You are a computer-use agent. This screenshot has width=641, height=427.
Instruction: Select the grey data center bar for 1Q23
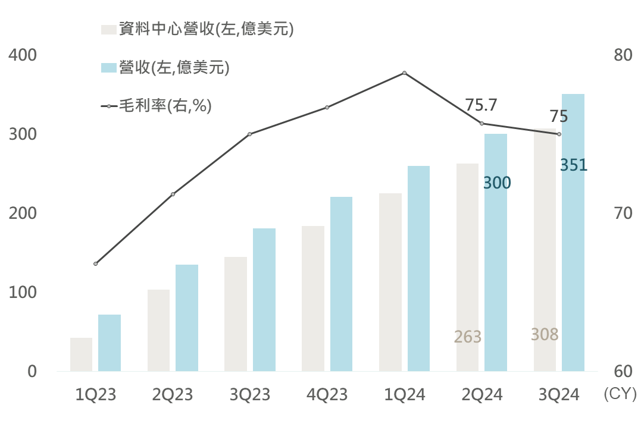(x=81, y=354)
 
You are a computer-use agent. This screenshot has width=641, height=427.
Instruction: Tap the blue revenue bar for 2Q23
(x=187, y=318)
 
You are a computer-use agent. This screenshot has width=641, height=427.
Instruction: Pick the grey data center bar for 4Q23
(x=313, y=299)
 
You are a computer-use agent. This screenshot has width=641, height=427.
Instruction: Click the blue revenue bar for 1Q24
(x=418, y=269)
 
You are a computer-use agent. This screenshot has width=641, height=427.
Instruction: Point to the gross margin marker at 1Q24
(x=404, y=73)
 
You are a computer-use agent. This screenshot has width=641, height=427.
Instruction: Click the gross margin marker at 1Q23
(x=96, y=263)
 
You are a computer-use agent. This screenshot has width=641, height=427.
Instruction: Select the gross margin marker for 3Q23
(x=250, y=134)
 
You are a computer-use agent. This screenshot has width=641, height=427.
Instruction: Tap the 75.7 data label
(x=481, y=105)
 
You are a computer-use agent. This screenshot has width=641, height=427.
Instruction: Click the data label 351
(x=574, y=165)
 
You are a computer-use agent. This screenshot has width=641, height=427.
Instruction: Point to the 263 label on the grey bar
(x=467, y=337)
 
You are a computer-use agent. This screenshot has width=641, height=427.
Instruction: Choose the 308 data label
(x=545, y=335)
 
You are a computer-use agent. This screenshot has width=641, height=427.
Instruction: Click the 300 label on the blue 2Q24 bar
(x=496, y=183)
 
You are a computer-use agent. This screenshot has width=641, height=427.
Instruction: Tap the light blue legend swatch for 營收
(x=108, y=68)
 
